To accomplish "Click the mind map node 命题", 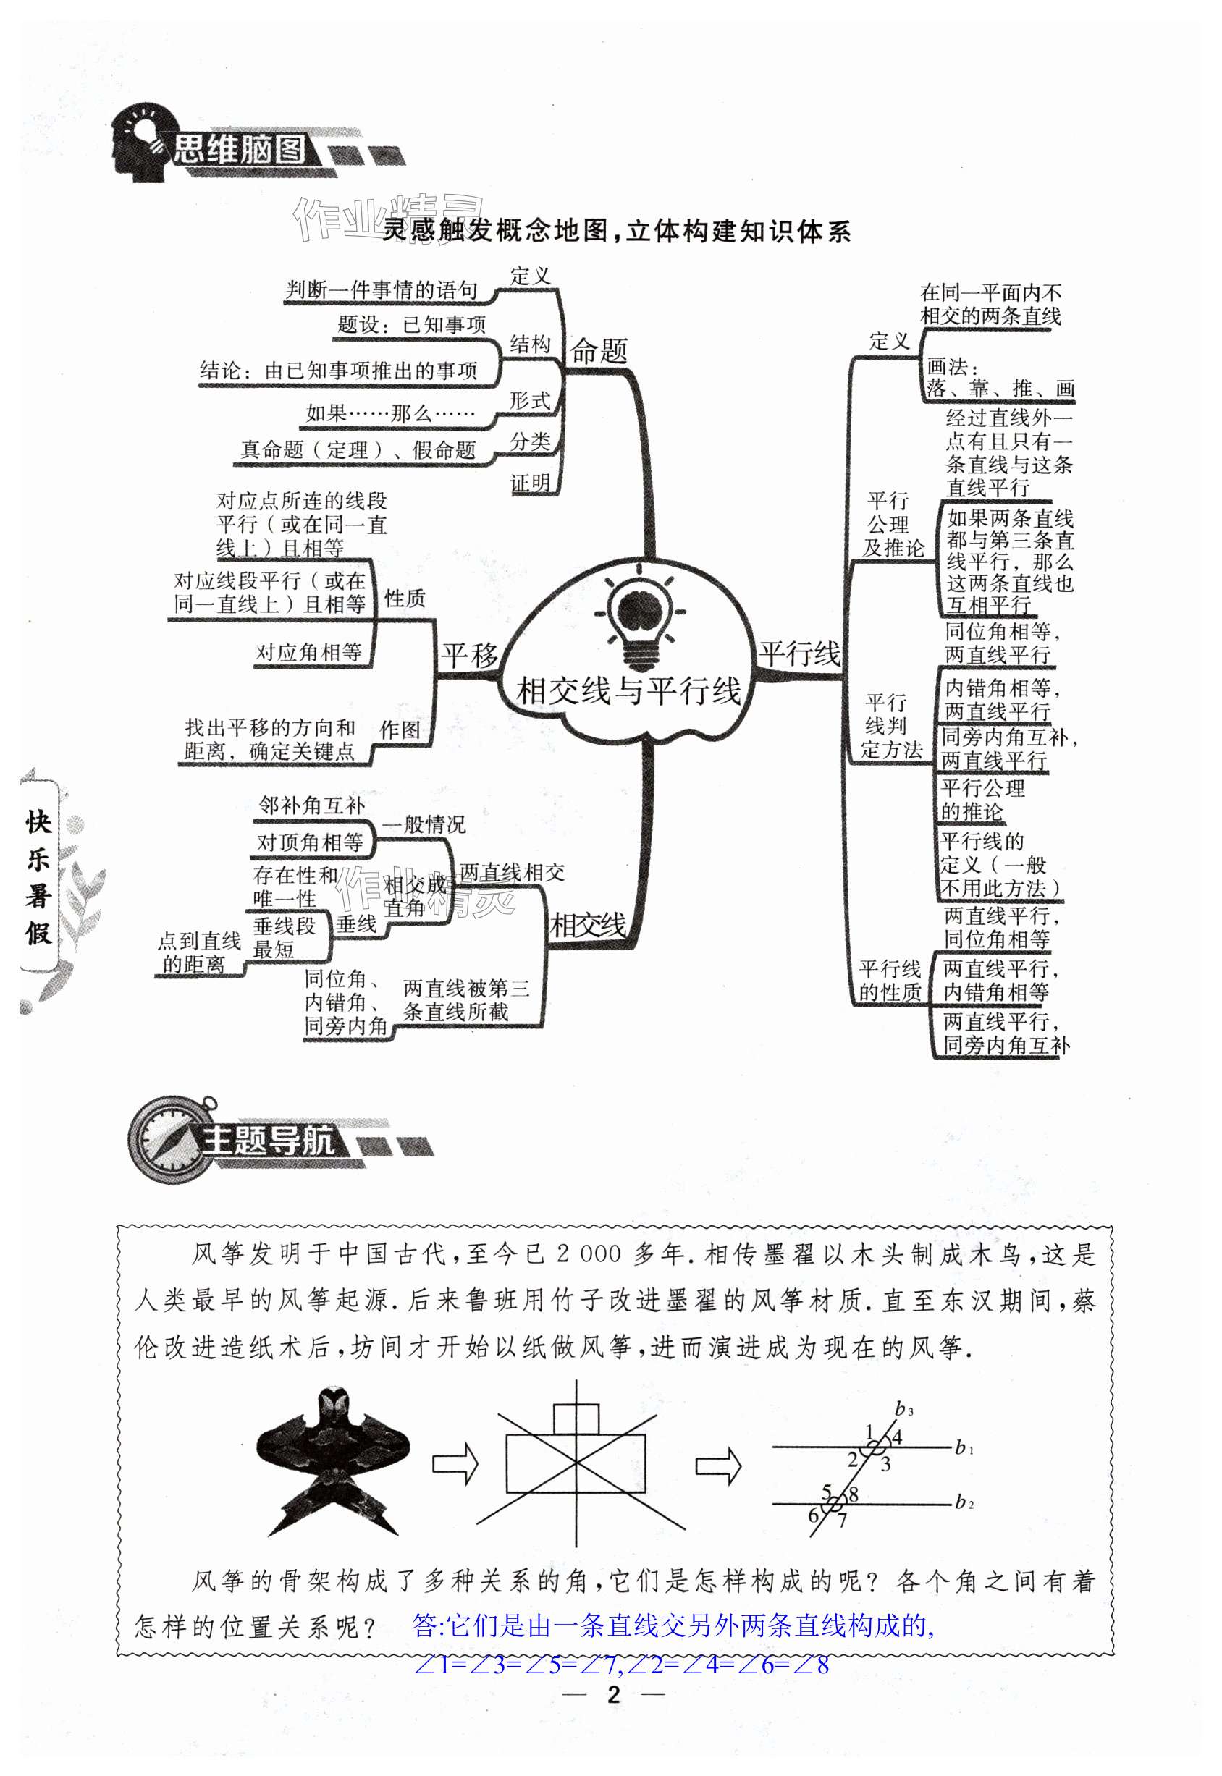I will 599,352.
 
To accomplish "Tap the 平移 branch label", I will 468,655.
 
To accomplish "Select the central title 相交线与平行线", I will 628,691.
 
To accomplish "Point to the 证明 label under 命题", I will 530,484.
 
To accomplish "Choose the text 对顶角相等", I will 310,843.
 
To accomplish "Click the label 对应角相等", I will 308,652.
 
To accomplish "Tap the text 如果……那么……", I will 389,414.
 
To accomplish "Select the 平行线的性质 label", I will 889,981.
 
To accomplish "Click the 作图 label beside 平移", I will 400,730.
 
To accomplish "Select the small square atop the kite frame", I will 575,1418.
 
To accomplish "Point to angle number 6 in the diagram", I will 813,1515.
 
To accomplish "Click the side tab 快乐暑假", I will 38,876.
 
